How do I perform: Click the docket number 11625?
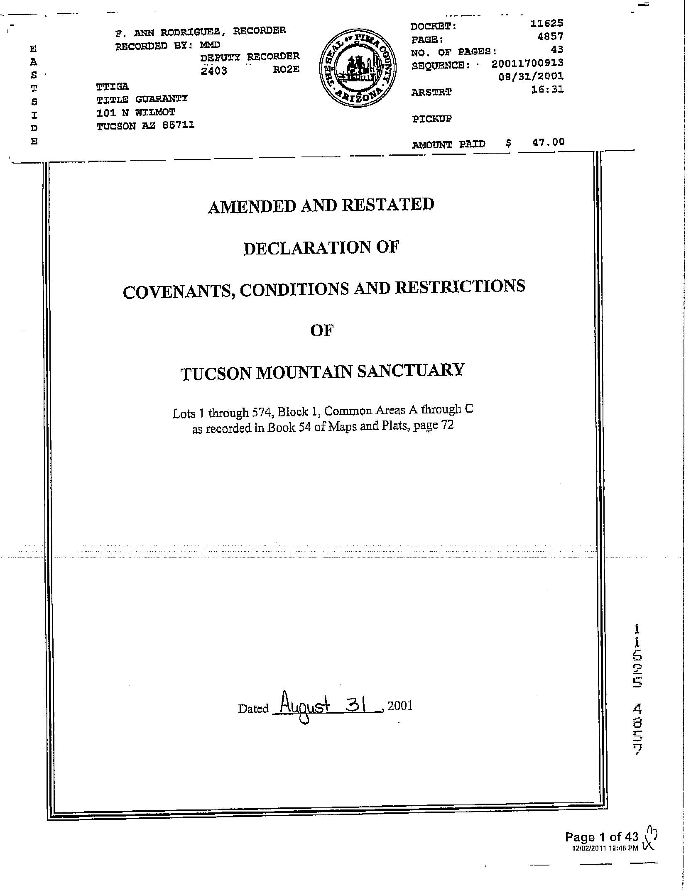click(x=547, y=24)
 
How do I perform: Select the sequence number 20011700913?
click(x=527, y=63)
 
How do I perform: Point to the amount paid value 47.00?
click(x=548, y=142)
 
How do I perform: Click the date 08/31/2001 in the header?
click(x=531, y=76)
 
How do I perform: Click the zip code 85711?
click(x=178, y=125)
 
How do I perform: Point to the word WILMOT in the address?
click(x=155, y=112)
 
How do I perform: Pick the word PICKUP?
click(x=432, y=119)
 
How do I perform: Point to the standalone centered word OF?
click(x=322, y=330)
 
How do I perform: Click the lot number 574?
click(x=261, y=412)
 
